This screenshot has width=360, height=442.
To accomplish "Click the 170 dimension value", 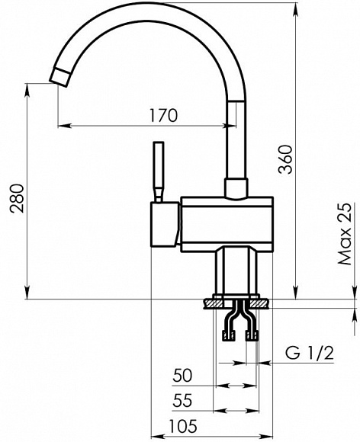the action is pyautogui.click(x=164, y=115).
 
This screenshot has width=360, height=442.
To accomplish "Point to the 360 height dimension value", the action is pyautogui.click(x=284, y=159).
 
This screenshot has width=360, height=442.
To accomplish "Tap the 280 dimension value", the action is pyautogui.click(x=16, y=199).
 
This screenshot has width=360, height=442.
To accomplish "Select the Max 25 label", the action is pyautogui.click(x=345, y=234).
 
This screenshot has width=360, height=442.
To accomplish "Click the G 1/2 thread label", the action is pyautogui.click(x=310, y=353).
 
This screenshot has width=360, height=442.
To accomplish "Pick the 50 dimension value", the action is pyautogui.click(x=182, y=375).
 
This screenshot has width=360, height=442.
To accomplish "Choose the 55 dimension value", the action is pyautogui.click(x=182, y=400).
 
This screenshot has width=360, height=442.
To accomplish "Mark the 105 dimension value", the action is pyautogui.click(x=183, y=426).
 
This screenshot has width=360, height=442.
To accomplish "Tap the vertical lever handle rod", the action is pyautogui.click(x=159, y=171).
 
